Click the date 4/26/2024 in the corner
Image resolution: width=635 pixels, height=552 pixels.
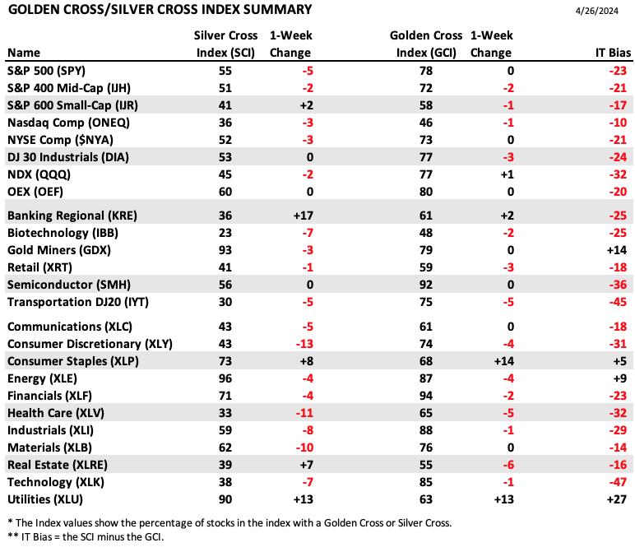pyautogui.click(x=596, y=11)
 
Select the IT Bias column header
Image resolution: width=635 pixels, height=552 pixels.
pyautogui.click(x=613, y=53)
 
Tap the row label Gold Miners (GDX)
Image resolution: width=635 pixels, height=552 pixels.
pyautogui.click(x=59, y=250)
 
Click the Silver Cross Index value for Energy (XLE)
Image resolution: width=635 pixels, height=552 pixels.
pyautogui.click(x=225, y=378)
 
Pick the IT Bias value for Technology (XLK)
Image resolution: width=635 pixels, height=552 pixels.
pyautogui.click(x=618, y=482)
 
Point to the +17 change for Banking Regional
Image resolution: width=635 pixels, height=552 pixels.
pyautogui.click(x=304, y=216)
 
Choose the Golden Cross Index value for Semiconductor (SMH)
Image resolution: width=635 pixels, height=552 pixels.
pyautogui.click(x=426, y=285)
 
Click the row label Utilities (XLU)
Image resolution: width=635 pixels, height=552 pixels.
pyautogui.click(x=45, y=499)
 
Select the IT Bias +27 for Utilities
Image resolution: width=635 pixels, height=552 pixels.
pyautogui.click(x=617, y=499)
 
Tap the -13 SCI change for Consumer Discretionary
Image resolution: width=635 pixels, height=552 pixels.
pyautogui.click(x=304, y=344)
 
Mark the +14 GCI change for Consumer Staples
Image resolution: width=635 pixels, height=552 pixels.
pyautogui.click(x=503, y=361)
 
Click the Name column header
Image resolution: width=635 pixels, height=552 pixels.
pyautogui.click(x=24, y=53)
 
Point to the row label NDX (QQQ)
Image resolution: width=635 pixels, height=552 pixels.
pyautogui.click(x=39, y=174)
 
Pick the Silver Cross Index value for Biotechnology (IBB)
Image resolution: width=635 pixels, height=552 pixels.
pyautogui.click(x=225, y=233)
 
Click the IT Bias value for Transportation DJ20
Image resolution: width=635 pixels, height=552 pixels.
pyautogui.click(x=618, y=302)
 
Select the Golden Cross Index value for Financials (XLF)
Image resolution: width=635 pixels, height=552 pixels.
pyautogui.click(x=426, y=396)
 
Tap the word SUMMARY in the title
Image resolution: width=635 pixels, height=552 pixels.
pyautogui.click(x=277, y=9)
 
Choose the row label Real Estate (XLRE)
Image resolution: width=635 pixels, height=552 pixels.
pyautogui.click(x=58, y=465)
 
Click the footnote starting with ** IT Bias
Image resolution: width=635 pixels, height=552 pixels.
pyautogui.click(x=86, y=537)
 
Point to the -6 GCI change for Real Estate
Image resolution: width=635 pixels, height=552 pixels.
pyautogui.click(x=508, y=465)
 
